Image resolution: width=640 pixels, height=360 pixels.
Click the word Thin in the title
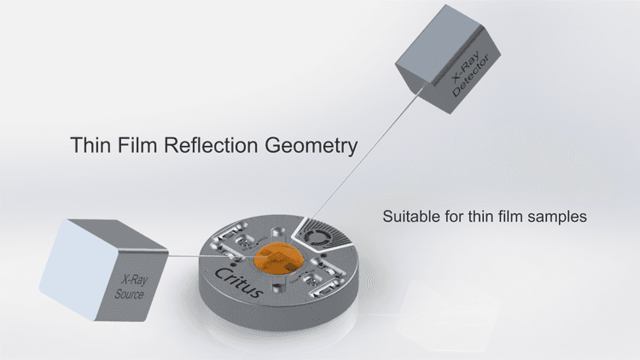[x=90, y=144]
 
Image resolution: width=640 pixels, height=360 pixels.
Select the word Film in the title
[x=137, y=144]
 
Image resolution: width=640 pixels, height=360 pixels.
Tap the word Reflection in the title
[x=211, y=144]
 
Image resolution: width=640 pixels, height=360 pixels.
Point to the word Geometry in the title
[x=311, y=147]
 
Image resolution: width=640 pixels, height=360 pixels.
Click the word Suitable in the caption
[x=410, y=216]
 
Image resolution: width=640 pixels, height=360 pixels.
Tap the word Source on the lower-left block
[x=129, y=293]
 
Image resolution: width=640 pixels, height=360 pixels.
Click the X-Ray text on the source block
[x=134, y=280]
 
